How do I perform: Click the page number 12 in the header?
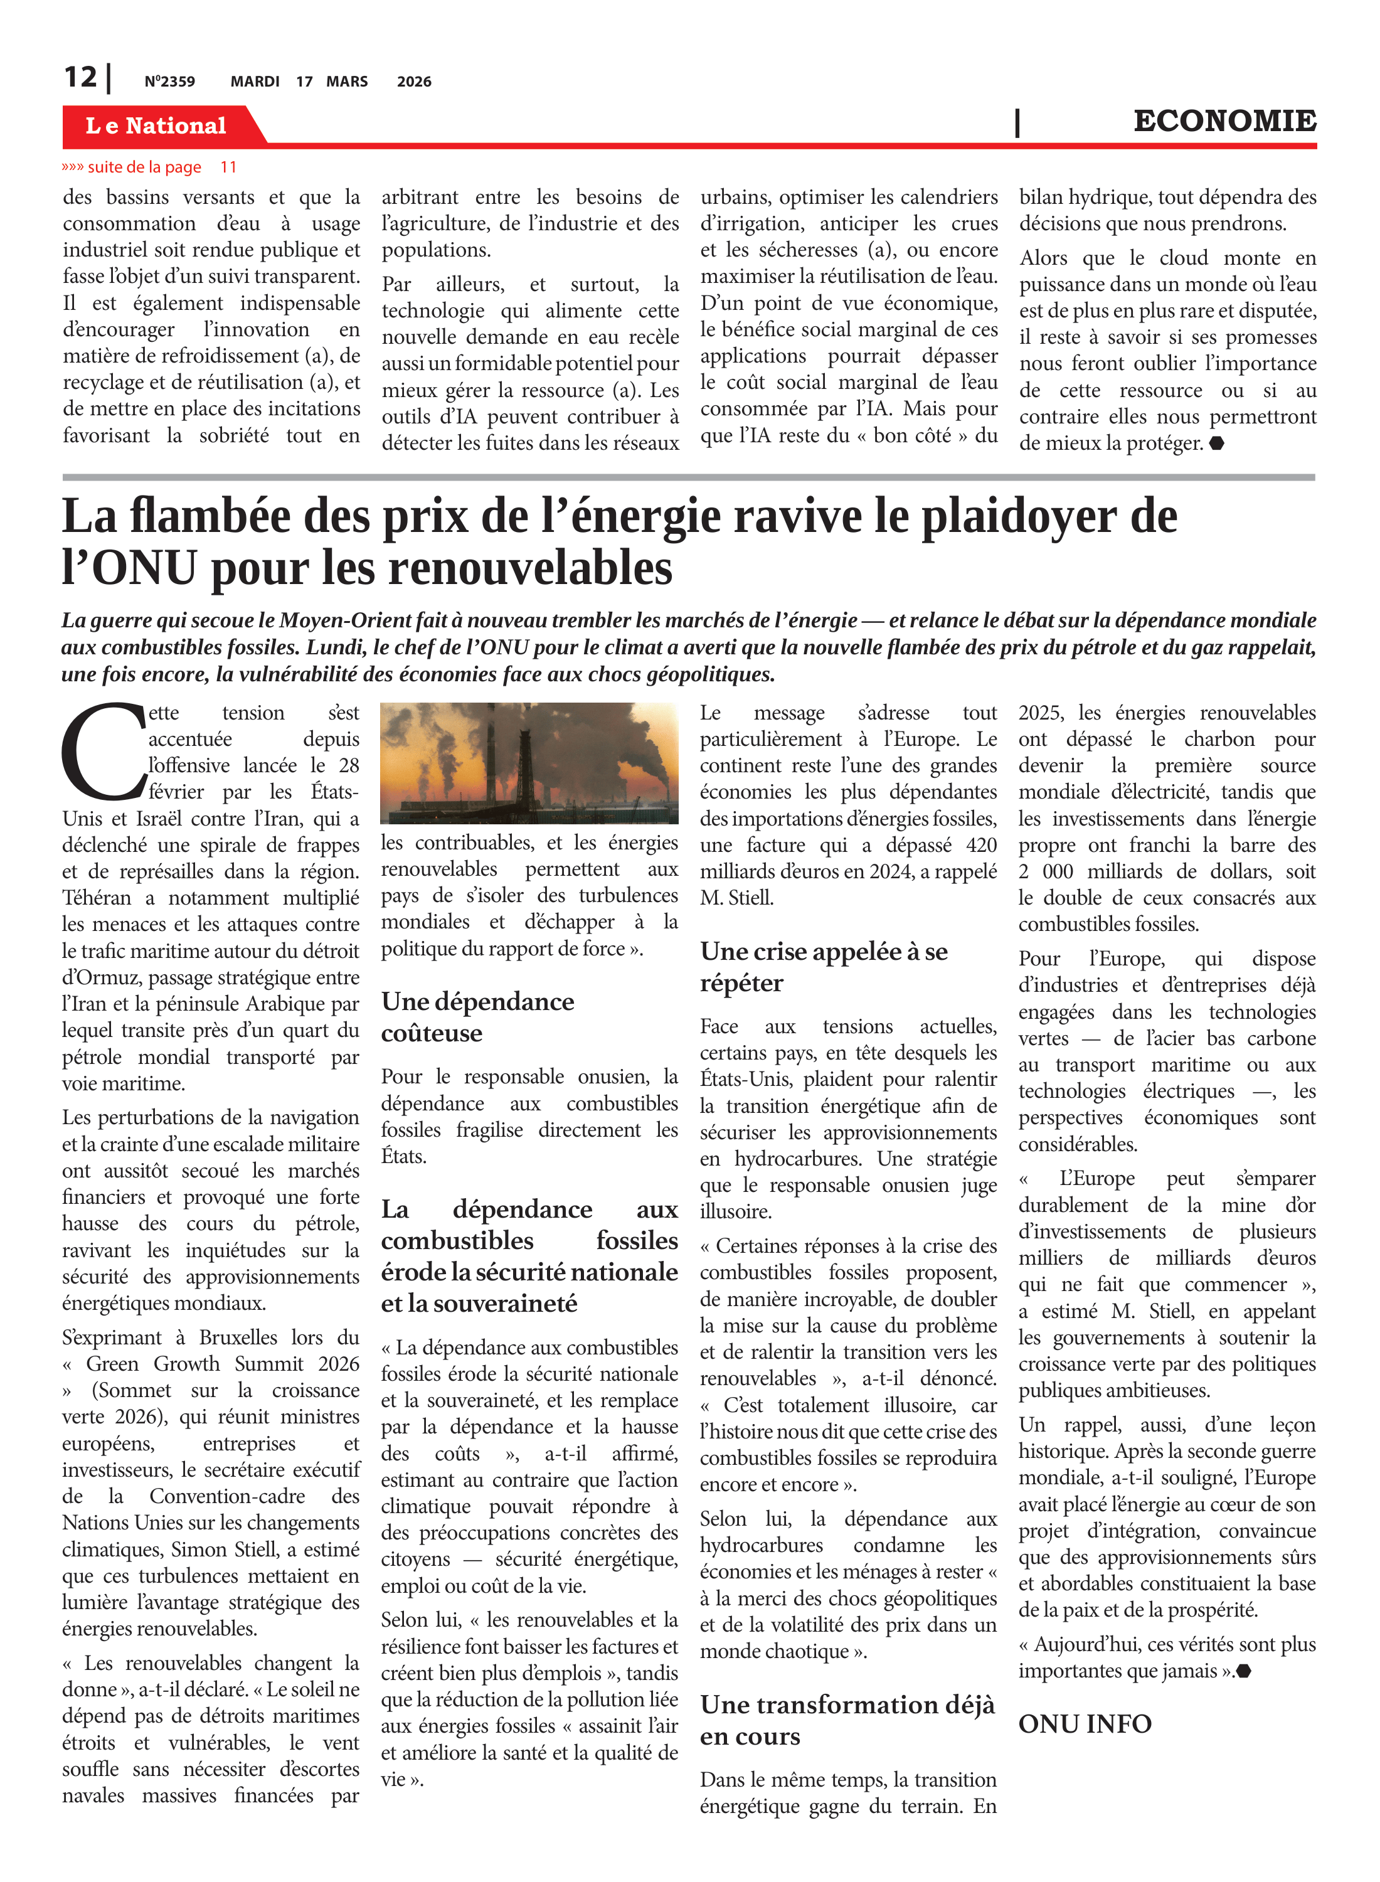pos(81,78)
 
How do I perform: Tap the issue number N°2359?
pos(169,82)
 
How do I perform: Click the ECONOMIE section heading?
pos(1224,121)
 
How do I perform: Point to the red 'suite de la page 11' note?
pos(149,167)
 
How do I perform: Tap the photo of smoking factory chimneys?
pos(529,763)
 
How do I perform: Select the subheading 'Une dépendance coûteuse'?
pos(478,1017)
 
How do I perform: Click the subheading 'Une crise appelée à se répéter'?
pos(824,967)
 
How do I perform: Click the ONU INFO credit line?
pos(1085,1723)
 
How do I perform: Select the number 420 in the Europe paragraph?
pos(980,846)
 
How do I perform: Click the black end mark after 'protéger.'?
pos(1216,444)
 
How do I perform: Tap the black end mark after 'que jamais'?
pos(1243,1671)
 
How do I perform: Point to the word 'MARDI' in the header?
pos(255,82)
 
